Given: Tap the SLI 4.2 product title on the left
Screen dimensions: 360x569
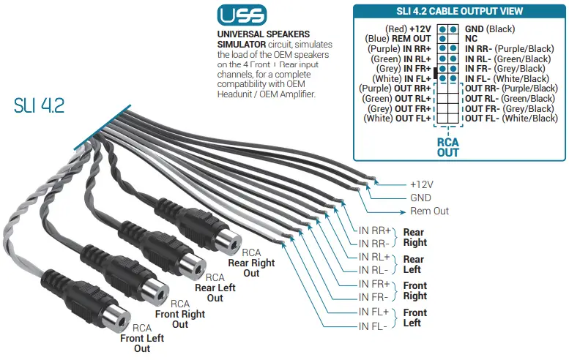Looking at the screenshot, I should pyautogui.click(x=39, y=105).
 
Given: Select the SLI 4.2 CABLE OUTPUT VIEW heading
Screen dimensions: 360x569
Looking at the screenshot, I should pyautogui.click(x=460, y=11).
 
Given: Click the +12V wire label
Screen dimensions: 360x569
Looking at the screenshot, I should pyautogui.click(x=423, y=184).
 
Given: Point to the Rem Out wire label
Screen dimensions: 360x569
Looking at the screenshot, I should pyautogui.click(x=430, y=211).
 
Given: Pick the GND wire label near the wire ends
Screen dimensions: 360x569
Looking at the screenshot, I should pyautogui.click(x=420, y=198).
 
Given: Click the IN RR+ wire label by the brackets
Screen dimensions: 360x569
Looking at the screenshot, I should pyautogui.click(x=375, y=230).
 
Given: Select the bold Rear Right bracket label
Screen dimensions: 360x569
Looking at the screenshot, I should pyautogui.click(x=414, y=237).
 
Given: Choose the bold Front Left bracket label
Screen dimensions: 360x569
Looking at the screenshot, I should pyautogui.click(x=414, y=318).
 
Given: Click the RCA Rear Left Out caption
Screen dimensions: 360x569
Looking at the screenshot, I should pyautogui.click(x=215, y=288).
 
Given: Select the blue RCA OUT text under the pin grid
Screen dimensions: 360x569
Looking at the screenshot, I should pyautogui.click(x=447, y=147).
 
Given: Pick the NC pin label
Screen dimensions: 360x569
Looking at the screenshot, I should pyautogui.click(x=471, y=37).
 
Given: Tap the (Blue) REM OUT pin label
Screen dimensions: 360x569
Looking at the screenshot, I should pyautogui.click(x=400, y=37).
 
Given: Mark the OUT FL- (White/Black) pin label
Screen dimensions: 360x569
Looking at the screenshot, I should pyautogui.click(x=511, y=118).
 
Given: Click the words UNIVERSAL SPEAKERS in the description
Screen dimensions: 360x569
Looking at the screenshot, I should pyautogui.click(x=263, y=34).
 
